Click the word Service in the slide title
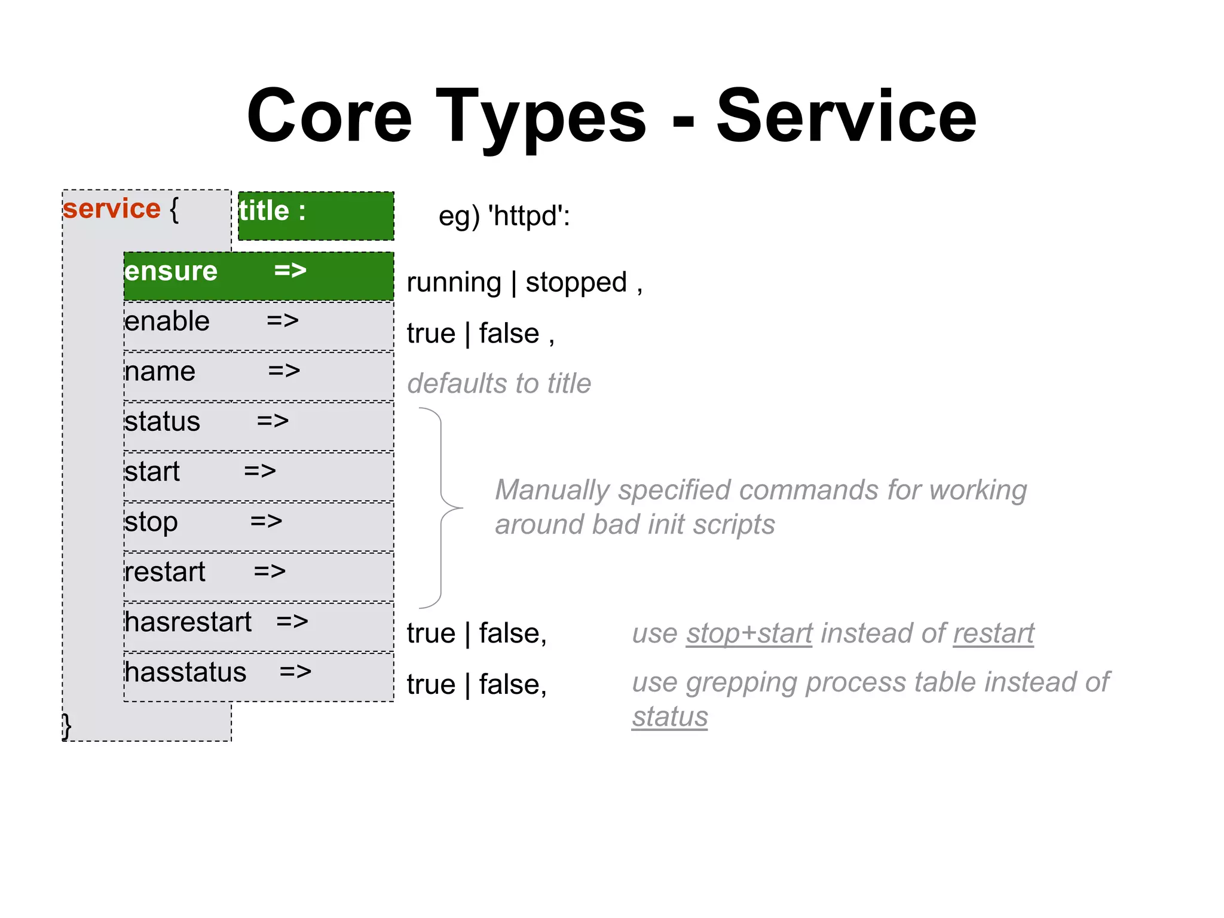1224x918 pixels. [846, 116]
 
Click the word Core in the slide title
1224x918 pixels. [329, 116]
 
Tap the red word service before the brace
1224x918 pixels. [112, 209]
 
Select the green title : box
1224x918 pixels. [316, 216]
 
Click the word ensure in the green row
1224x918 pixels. [171, 271]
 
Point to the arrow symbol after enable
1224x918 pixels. [283, 321]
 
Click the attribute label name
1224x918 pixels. [160, 372]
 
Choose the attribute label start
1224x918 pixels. [152, 472]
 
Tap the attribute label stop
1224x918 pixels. [151, 522]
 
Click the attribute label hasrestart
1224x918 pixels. [188, 622]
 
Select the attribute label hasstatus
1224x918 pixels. [185, 672]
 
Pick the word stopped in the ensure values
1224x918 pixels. [576, 282]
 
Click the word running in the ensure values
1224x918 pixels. [454, 282]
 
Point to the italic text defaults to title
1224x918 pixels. [499, 384]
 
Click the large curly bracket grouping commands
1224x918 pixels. [442, 508]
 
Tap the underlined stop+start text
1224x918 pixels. [749, 634]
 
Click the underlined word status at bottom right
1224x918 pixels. [670, 717]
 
